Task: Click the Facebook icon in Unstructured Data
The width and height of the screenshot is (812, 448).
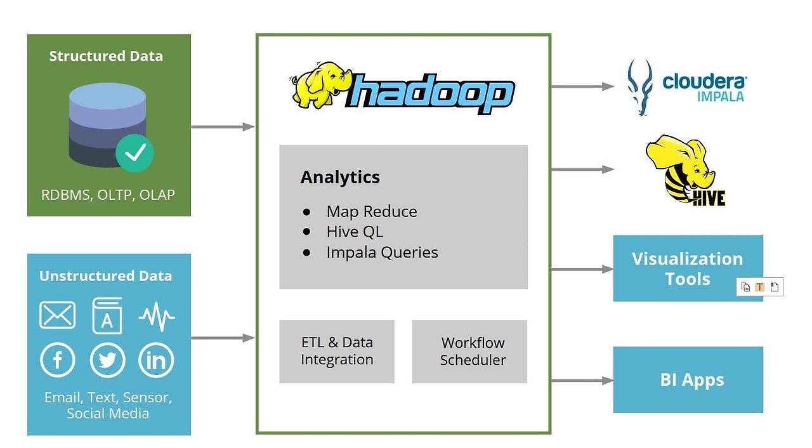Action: click(58, 360)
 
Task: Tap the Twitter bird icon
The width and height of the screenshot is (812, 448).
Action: click(107, 360)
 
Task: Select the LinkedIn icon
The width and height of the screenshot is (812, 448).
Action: click(156, 360)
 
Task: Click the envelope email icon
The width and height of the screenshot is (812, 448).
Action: click(58, 315)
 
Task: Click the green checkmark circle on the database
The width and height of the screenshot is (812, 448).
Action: click(134, 152)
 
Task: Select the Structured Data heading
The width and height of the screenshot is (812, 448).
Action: click(106, 56)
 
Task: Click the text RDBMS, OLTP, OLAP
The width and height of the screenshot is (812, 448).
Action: click(108, 195)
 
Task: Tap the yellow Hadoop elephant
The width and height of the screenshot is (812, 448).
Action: click(320, 86)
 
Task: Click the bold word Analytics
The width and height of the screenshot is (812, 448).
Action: click(340, 177)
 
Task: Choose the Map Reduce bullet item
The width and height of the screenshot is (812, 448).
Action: click(372, 211)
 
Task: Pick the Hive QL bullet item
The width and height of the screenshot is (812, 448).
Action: click(355, 232)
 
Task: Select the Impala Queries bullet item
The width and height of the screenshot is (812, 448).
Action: click(382, 252)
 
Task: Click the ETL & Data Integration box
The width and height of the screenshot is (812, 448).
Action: click(337, 351)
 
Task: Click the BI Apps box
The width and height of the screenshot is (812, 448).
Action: click(688, 379)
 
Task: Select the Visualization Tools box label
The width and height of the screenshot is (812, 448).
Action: click(687, 268)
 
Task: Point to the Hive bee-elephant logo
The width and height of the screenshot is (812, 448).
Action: click(685, 170)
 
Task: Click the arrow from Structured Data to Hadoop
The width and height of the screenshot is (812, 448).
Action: click(222, 127)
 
